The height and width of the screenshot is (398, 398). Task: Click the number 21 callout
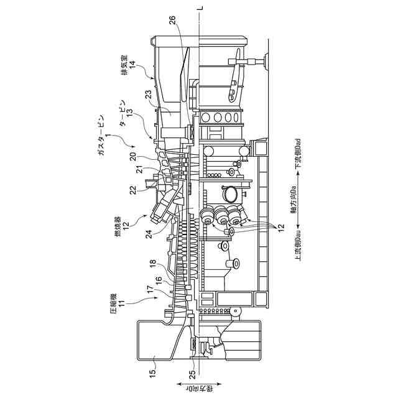(x=141, y=170)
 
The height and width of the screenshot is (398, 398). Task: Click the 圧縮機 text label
(x=114, y=307)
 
